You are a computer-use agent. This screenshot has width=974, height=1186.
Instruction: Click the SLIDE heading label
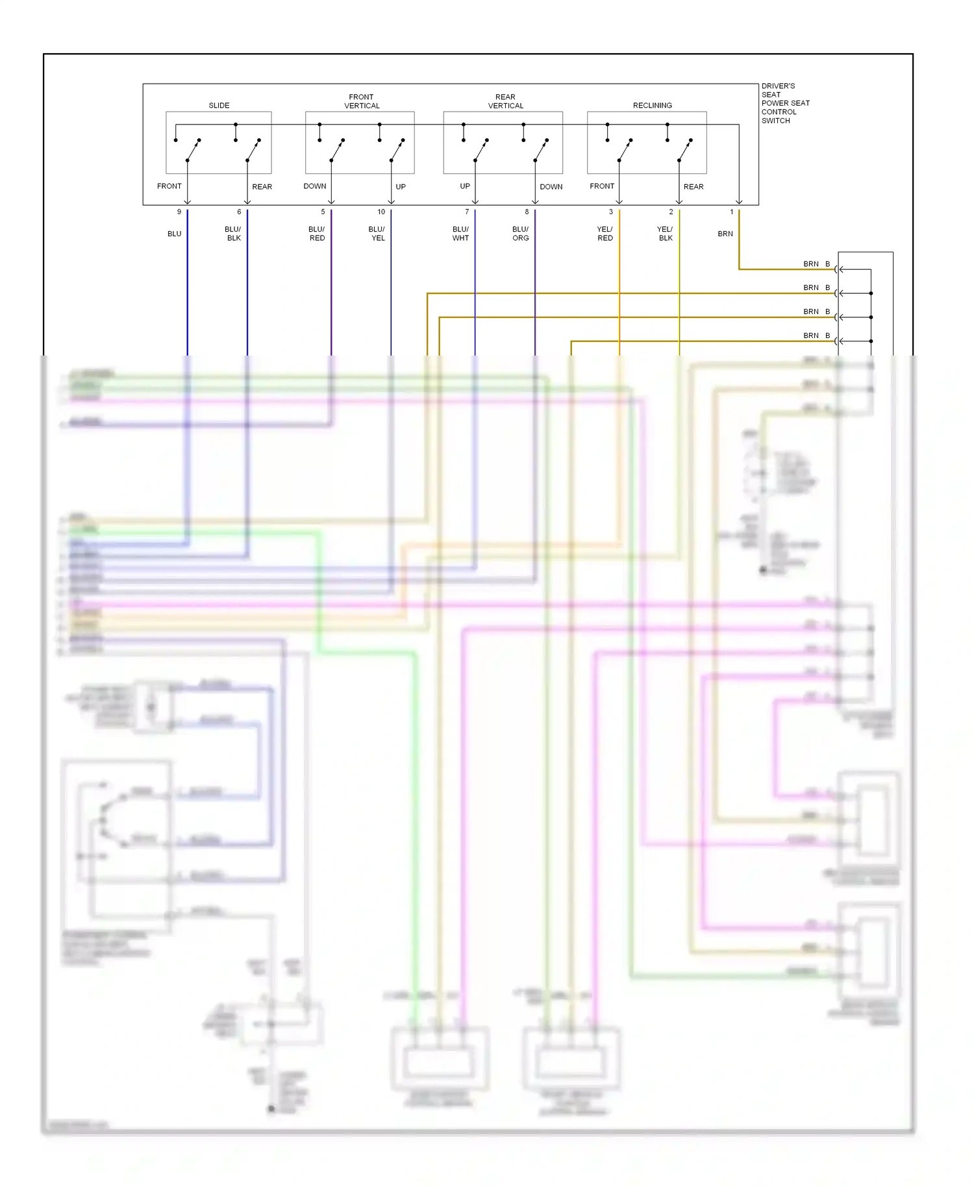[219, 105]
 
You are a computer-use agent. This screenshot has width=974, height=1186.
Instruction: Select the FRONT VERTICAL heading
[362, 101]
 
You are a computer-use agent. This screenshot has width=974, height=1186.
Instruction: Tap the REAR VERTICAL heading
[505, 101]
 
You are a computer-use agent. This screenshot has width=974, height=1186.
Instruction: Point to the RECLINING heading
[652, 105]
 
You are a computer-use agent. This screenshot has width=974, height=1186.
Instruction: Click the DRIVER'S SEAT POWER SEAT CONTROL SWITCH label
[784, 103]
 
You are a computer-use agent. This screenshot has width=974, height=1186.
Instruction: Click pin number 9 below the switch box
[179, 212]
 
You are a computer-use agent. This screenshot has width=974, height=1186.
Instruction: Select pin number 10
[381, 212]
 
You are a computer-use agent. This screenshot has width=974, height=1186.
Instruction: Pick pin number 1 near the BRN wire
[731, 212]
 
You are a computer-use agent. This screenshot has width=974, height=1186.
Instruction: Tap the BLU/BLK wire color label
[233, 234]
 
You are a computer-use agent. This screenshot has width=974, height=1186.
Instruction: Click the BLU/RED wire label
[317, 234]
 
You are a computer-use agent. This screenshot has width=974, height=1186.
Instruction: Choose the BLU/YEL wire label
[377, 234]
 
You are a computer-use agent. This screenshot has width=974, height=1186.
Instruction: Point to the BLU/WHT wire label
[460, 234]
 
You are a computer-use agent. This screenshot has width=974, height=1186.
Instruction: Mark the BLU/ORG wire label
[520, 234]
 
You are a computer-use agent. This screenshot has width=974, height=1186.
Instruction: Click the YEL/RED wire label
[605, 234]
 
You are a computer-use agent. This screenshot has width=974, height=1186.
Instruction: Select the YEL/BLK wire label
[665, 234]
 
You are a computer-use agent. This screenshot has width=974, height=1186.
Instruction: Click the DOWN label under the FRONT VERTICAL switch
[315, 186]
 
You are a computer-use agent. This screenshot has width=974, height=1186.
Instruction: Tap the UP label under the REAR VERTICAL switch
[465, 186]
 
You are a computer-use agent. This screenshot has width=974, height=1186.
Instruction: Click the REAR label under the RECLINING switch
[693, 187]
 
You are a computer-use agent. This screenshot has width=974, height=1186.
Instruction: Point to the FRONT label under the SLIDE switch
[169, 186]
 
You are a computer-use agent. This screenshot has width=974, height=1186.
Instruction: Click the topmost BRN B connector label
[816, 264]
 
